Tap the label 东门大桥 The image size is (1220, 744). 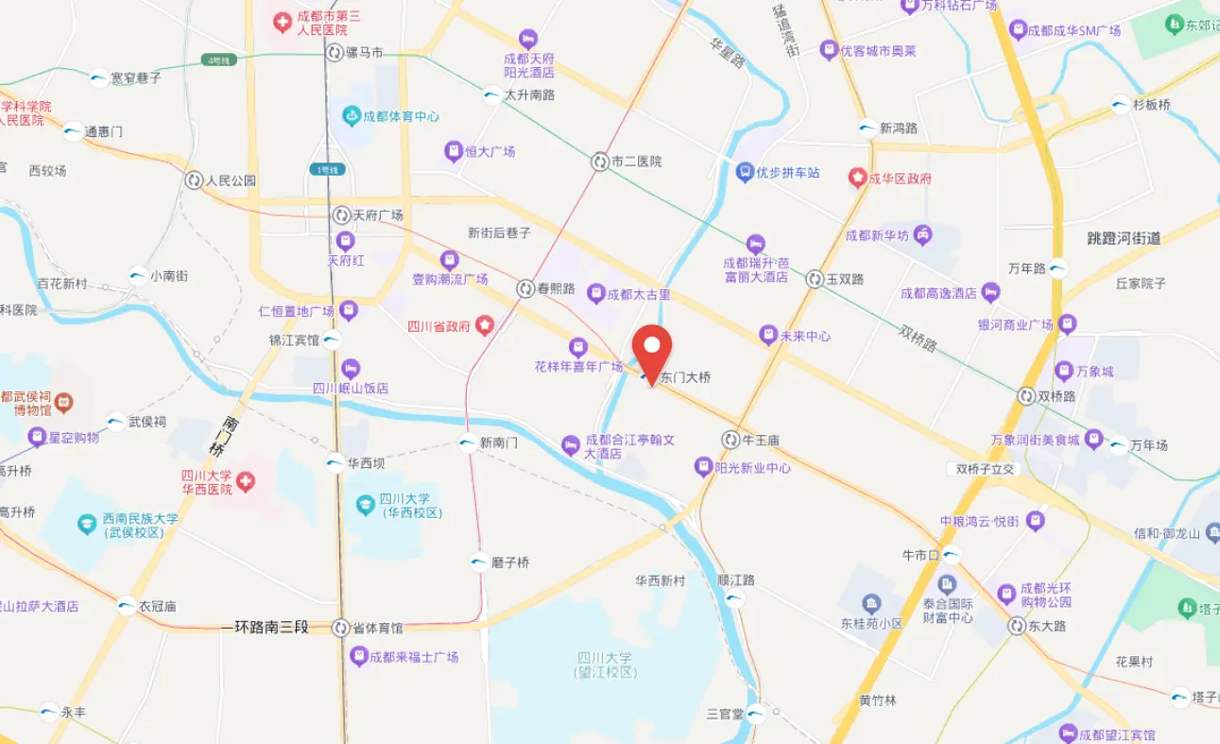[x=685, y=377]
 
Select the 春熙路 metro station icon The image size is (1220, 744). [x=524, y=288]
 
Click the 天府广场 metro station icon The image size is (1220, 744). [x=341, y=216]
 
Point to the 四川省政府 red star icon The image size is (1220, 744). [x=484, y=326]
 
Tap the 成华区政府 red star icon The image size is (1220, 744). [x=857, y=178]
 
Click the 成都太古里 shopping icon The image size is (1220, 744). [x=595, y=294]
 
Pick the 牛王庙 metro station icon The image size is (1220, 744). [x=730, y=440]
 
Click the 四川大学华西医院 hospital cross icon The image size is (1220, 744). [x=246, y=482]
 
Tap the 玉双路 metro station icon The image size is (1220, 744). [x=815, y=279]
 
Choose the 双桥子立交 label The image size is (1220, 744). [x=984, y=469]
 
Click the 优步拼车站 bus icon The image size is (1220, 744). [x=745, y=172]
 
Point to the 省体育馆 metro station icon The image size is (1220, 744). [x=341, y=628]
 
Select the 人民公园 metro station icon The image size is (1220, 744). [x=194, y=180]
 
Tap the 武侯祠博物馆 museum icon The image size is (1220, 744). [x=63, y=403]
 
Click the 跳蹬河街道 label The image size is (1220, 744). [x=1124, y=238]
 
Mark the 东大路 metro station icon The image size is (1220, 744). [x=1016, y=626]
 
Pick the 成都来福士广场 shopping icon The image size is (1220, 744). [x=358, y=656]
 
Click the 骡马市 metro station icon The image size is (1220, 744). [x=335, y=53]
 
